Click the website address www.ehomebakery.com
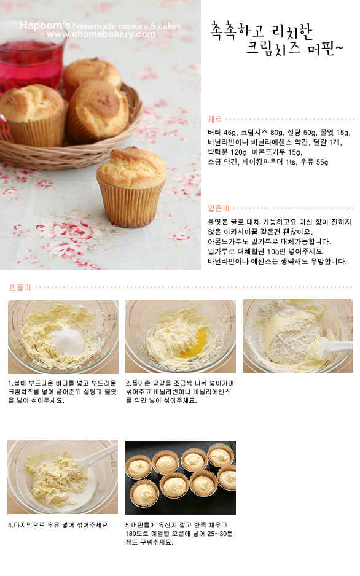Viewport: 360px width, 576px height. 101,34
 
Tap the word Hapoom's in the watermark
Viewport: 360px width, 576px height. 45,25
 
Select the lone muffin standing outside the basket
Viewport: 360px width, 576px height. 131,187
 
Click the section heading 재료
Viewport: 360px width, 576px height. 215,119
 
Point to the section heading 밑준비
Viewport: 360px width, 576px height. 219,208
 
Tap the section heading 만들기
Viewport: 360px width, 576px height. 20,287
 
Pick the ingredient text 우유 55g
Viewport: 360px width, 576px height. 315,162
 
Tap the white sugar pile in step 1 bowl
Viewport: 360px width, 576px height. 68,339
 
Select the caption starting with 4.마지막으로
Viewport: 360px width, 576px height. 59,525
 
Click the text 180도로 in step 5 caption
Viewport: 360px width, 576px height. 136,534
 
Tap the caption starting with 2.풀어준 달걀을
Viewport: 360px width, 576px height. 180,392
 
